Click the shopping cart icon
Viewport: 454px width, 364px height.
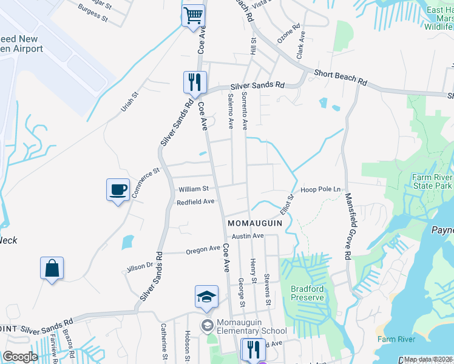193,15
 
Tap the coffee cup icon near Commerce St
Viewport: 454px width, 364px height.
118,190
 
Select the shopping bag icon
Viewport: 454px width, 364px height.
52,268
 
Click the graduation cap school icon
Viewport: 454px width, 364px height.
206,297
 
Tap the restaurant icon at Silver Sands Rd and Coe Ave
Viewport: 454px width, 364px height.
195,82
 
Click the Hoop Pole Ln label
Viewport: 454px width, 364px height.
321,189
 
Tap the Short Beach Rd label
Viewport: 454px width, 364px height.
340,77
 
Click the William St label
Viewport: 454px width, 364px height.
193,189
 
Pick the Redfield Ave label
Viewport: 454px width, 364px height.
196,201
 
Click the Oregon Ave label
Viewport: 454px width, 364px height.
203,249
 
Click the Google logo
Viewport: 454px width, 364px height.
20,357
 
